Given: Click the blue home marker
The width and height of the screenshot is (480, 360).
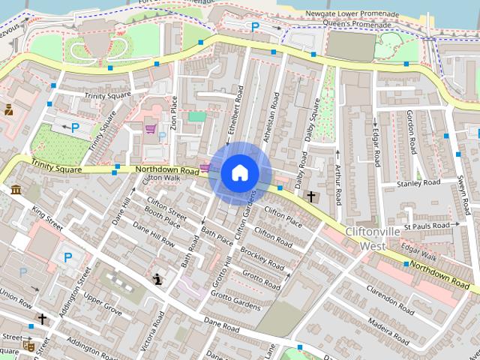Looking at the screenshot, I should coord(239,173).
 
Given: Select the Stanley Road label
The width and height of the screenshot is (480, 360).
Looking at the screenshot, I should coord(418,182).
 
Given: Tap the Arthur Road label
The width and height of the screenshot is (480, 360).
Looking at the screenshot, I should coord(338,185).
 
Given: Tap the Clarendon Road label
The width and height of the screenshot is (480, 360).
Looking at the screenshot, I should coord(387,300).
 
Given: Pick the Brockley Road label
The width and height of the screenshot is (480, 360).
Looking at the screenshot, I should coord(262,260).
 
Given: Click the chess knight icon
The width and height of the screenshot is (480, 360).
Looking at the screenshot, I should coord(157,280).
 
